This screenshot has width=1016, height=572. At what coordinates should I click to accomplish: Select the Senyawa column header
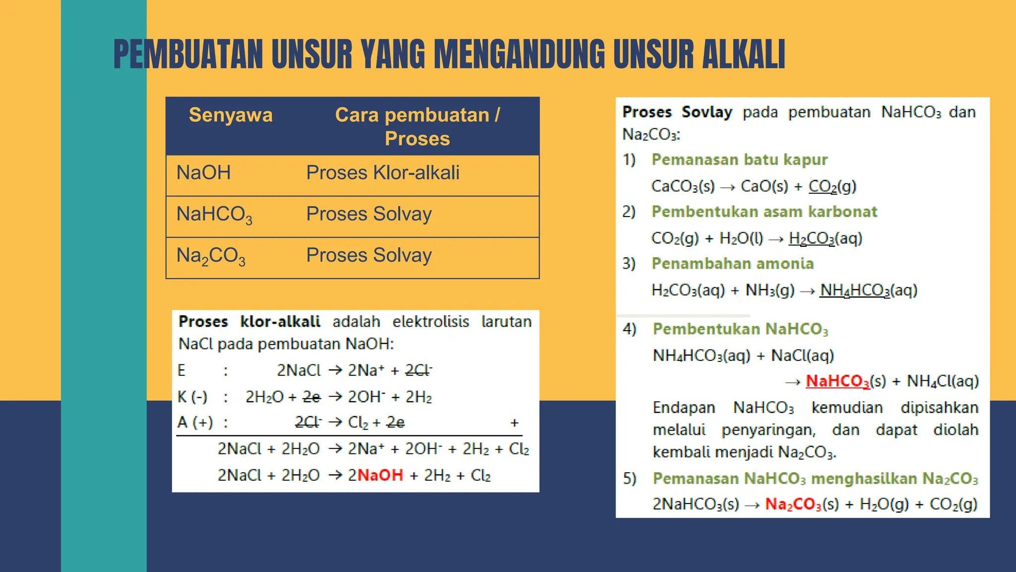click(231, 115)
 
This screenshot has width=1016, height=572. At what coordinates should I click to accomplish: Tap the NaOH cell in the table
click(204, 173)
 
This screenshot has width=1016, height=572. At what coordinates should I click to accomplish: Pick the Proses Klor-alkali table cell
click(382, 173)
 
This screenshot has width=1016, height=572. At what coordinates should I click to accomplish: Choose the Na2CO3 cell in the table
click(211, 256)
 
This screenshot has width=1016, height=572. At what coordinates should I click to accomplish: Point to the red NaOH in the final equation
click(380, 475)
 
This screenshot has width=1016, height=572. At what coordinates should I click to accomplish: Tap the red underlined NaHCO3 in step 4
click(837, 381)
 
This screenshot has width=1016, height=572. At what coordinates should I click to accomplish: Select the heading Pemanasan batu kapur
click(739, 159)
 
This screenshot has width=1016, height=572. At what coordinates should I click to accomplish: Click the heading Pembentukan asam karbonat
click(764, 212)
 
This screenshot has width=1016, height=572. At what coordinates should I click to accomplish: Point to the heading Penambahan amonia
click(733, 263)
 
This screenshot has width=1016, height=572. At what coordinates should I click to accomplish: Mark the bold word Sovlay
click(707, 112)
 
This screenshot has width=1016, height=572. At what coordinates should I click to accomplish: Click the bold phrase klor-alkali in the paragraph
click(280, 321)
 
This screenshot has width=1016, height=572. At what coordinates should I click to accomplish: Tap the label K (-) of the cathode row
click(192, 397)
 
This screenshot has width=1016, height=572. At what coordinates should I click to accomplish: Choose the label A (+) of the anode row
click(195, 422)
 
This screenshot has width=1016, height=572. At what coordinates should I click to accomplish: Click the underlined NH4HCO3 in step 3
click(855, 290)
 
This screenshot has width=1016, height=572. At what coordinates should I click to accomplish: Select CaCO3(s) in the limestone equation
click(683, 186)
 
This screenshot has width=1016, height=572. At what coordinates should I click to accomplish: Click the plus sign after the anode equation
click(514, 423)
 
